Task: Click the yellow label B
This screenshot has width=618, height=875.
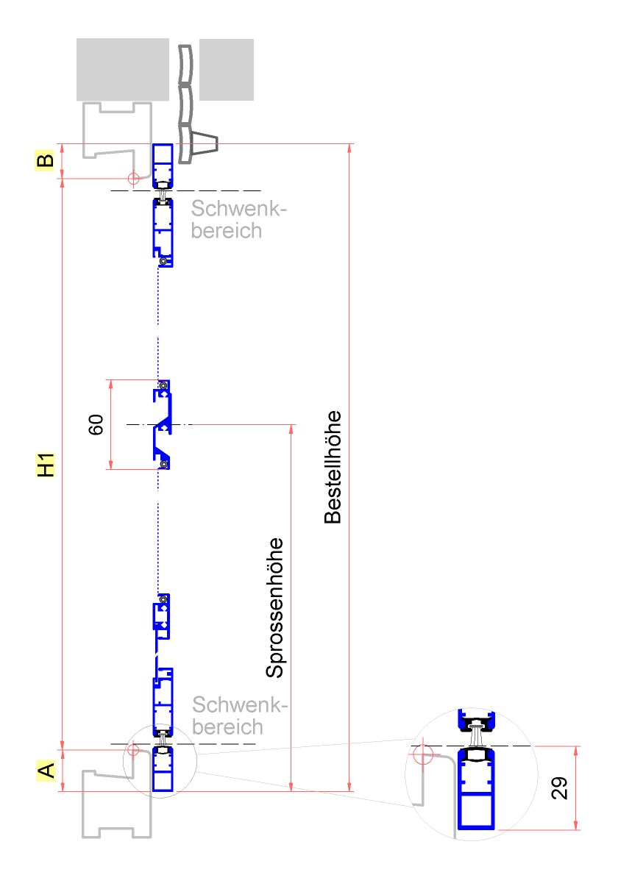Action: tap(45, 160)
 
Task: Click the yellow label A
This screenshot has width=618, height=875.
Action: tap(46, 771)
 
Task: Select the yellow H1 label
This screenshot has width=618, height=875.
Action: tap(46, 464)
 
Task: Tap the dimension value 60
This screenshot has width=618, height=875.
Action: tap(96, 424)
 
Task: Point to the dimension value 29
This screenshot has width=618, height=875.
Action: tap(559, 789)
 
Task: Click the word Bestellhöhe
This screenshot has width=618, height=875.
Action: tap(333, 466)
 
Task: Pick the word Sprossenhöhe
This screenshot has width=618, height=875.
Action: tap(275, 607)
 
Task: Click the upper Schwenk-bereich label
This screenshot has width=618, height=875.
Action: tap(237, 220)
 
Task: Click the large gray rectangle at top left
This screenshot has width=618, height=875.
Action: tap(123, 70)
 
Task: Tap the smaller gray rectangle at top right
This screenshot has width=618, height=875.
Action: tap(227, 70)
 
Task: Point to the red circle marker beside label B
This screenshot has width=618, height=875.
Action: tap(133, 178)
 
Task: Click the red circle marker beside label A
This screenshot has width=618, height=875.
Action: tap(133, 749)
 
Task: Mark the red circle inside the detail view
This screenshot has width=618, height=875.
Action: tap(422, 754)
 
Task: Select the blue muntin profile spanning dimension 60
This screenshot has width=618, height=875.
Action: tap(163, 425)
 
